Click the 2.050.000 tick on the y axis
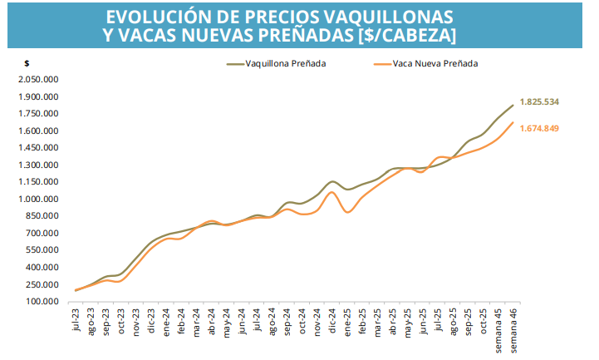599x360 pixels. click(x=42, y=79)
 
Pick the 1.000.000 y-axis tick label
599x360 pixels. click(x=42, y=200)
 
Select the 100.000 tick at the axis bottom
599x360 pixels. click(x=45, y=302)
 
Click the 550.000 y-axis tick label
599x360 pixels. click(x=45, y=250)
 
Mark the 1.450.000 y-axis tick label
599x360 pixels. click(x=42, y=148)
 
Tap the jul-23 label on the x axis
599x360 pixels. click(x=76, y=319)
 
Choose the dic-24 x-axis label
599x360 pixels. click(x=333, y=320)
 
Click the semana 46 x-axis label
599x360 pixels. click(x=514, y=328)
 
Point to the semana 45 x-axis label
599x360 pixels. click(x=498, y=328)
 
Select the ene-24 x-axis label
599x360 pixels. click(x=166, y=321)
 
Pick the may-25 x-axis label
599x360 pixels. click(x=408, y=321)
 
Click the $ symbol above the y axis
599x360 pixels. click(x=27, y=64)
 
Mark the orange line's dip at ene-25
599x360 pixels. click(x=347, y=212)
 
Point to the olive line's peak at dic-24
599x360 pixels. click(x=332, y=181)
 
